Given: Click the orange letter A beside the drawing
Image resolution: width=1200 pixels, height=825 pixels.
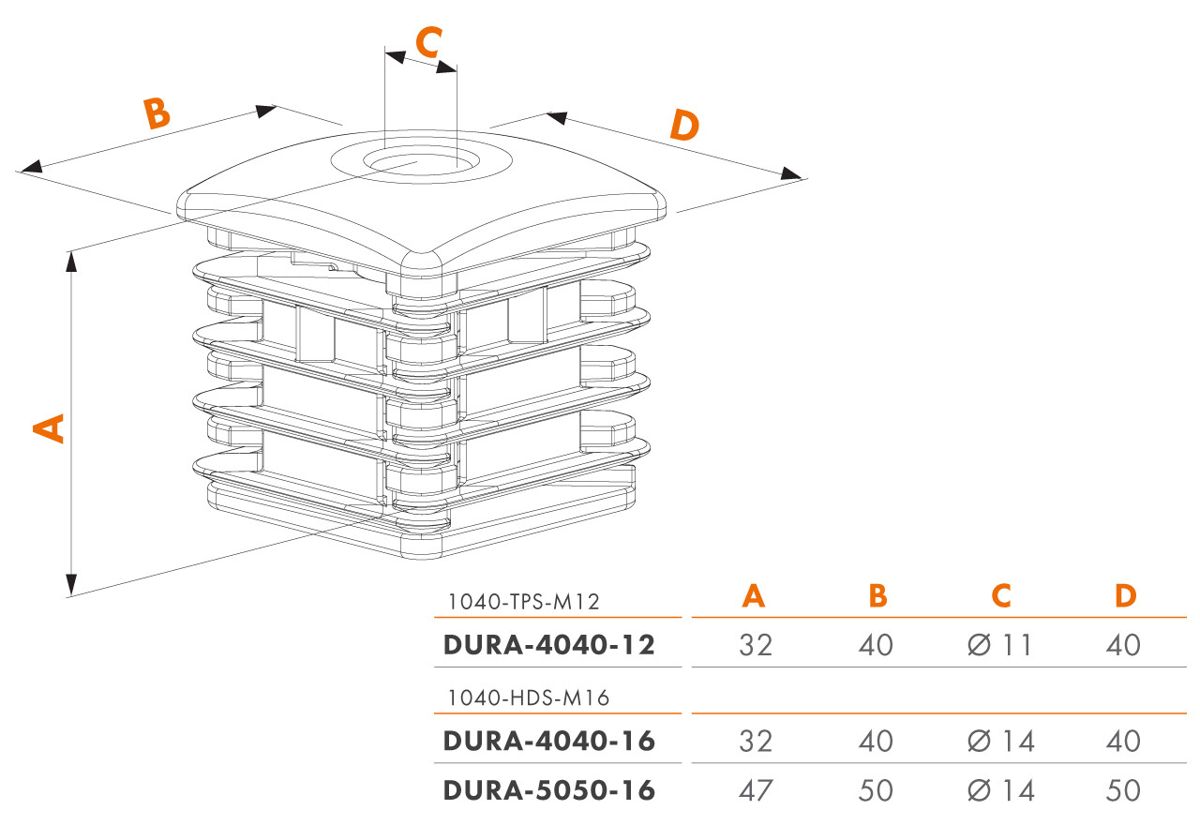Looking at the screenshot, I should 49,426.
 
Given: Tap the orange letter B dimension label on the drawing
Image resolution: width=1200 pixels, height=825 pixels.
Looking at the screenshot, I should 157,112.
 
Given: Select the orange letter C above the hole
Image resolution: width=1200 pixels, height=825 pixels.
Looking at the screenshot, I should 427,42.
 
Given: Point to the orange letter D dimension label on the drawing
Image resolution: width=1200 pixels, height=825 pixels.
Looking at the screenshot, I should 685,125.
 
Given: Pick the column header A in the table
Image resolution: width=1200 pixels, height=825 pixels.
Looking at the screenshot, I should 754,596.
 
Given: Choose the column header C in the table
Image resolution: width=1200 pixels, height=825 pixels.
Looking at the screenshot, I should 1001,596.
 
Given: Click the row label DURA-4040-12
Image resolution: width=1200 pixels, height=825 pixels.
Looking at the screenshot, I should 548,645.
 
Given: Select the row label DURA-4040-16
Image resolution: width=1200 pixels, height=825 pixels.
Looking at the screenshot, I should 548,741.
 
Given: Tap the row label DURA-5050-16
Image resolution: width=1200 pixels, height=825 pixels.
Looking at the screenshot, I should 548,790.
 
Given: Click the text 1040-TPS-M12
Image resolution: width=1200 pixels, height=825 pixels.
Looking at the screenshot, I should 523,601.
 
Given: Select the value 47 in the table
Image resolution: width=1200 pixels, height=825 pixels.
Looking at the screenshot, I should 755,790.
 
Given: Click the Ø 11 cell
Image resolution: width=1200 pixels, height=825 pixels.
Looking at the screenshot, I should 999,645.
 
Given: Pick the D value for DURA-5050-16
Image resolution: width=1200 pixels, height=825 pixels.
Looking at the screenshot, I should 1122,790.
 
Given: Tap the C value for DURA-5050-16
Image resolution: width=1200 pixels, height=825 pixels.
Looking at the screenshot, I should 999,790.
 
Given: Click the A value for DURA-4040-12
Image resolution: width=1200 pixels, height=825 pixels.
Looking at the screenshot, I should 755,645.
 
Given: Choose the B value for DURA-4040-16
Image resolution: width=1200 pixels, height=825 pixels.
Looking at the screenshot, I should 877,741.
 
